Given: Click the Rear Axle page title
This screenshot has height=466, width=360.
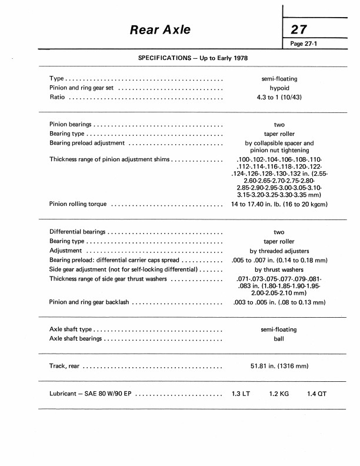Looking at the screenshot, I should pos(160,29).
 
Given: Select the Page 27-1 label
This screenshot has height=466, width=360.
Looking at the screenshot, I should pos(307,44).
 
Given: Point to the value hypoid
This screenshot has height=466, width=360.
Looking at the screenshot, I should pos(279,88).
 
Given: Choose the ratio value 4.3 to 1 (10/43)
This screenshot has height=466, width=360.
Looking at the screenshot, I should pos(279,98).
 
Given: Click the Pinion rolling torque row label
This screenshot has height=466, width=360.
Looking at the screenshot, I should pos(78,204).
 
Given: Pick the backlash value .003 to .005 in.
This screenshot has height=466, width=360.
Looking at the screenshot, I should pos(279,302).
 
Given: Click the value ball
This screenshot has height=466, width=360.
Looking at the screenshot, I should pos(279,339).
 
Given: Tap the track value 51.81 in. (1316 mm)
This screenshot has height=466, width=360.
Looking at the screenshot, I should pos(279,367).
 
